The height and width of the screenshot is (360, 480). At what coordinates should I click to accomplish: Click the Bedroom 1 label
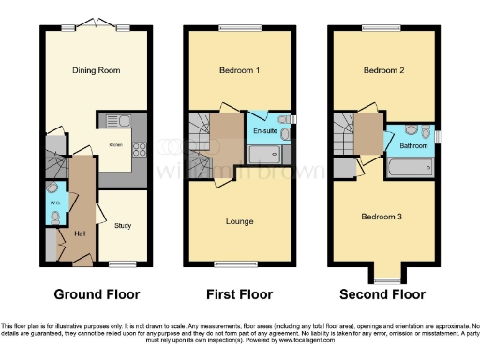click(x=232, y=71)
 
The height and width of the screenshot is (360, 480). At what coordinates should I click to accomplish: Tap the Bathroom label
click(x=413, y=146)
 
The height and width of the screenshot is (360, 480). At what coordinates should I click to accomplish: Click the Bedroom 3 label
click(x=382, y=217)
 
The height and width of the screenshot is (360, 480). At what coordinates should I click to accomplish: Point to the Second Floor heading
click(x=382, y=293)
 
